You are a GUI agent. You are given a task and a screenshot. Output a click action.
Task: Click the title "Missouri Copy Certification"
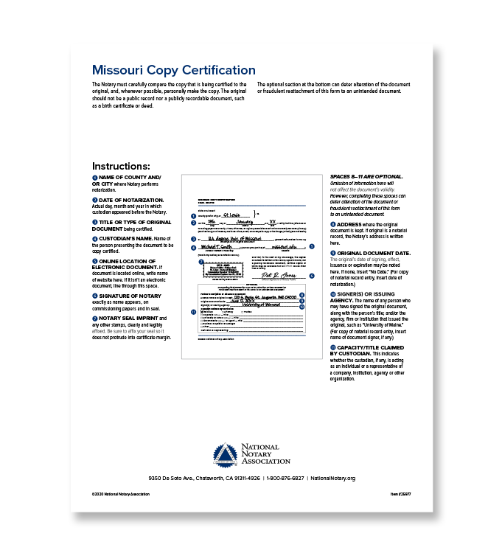click(173, 71)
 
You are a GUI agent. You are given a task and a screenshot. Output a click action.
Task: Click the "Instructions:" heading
click(121, 166)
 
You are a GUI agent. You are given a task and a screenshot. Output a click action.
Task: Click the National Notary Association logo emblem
click(226, 456)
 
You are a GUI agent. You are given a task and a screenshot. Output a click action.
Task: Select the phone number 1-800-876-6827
click(285, 479)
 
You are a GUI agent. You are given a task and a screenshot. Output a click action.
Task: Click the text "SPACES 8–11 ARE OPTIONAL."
click(366, 177)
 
